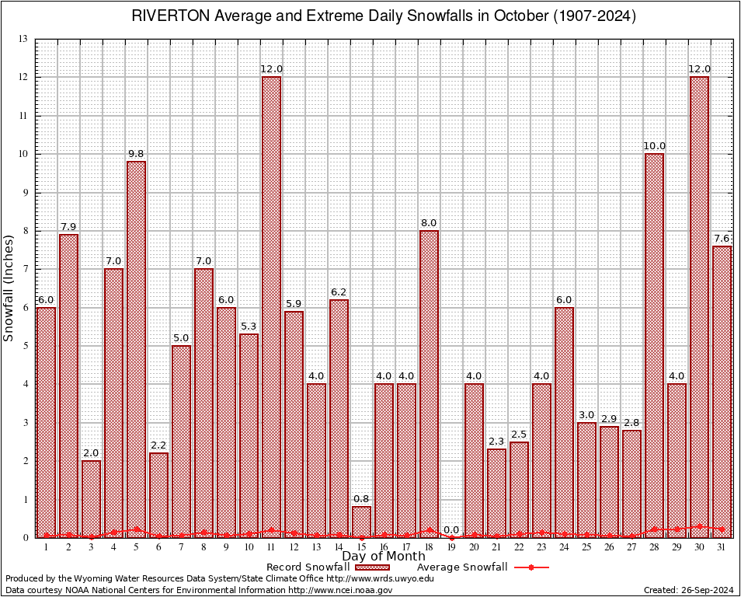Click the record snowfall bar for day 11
271,307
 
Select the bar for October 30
699,307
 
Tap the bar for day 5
136,349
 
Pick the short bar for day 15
361,522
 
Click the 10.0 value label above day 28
654,146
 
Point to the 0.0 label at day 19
451,530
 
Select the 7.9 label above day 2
68,227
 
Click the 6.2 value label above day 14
339,292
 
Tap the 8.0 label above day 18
429,223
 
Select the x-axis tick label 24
564,548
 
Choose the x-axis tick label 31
722,548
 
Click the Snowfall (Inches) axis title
9,288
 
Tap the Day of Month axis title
383,557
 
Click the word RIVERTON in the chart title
164,16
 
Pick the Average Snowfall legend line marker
531,567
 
